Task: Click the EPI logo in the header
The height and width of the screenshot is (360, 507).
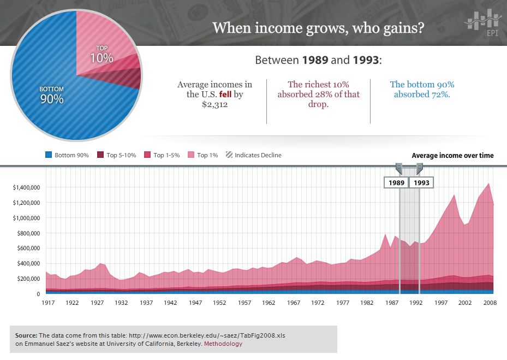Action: click(x=482, y=23)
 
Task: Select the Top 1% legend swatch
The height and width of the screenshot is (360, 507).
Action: click(x=191, y=155)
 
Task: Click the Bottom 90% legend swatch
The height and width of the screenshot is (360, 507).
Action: click(x=49, y=155)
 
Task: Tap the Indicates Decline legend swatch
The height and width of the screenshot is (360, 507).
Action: click(x=229, y=155)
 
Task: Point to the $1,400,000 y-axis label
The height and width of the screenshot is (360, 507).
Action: click(x=26, y=187)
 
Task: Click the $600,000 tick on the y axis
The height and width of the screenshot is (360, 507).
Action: click(x=28, y=248)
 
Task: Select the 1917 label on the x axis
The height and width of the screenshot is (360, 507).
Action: click(x=48, y=302)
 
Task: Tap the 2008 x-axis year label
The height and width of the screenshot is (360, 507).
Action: click(x=490, y=302)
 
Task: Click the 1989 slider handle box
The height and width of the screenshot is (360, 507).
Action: click(x=396, y=182)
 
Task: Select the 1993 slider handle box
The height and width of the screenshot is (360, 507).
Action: click(x=421, y=182)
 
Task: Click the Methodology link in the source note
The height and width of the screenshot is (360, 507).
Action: click(x=223, y=344)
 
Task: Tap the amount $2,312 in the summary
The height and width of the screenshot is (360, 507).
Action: click(x=214, y=104)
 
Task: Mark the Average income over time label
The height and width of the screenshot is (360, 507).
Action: click(x=452, y=156)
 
